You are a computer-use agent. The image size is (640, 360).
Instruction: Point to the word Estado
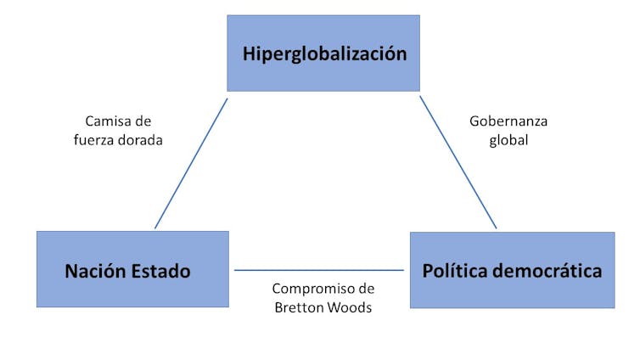[x=161, y=272]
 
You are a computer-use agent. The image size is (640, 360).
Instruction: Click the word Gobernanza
[x=508, y=121]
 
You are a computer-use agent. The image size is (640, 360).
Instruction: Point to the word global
[x=508, y=140]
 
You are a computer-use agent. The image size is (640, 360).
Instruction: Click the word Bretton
[x=298, y=307]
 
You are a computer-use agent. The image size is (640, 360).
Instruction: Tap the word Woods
[x=350, y=307]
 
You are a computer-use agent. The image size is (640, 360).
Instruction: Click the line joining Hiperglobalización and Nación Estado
[x=191, y=163]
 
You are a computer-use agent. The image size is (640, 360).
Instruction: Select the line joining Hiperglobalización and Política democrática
[x=458, y=163]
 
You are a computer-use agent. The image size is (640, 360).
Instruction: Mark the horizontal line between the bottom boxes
[x=319, y=270]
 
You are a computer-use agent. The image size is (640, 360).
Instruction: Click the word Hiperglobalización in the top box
[x=324, y=54]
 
